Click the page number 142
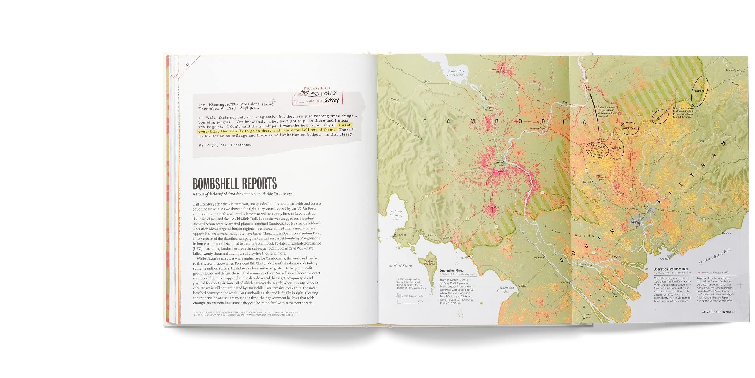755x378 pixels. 187,65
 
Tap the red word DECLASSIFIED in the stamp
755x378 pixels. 317,88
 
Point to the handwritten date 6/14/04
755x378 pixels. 332,100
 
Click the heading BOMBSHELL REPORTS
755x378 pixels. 234,184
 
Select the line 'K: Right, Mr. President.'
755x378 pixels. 224,145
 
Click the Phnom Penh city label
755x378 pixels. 499,164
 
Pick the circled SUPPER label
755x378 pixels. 699,91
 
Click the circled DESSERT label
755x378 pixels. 630,128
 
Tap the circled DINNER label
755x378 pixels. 617,149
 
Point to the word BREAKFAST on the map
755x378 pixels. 598,146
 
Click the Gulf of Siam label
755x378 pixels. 400,266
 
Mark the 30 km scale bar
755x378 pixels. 408,302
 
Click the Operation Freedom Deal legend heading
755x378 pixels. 671,269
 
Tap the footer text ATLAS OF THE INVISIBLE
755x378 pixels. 719,312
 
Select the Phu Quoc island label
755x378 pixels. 429,262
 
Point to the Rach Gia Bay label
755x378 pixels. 507,289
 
